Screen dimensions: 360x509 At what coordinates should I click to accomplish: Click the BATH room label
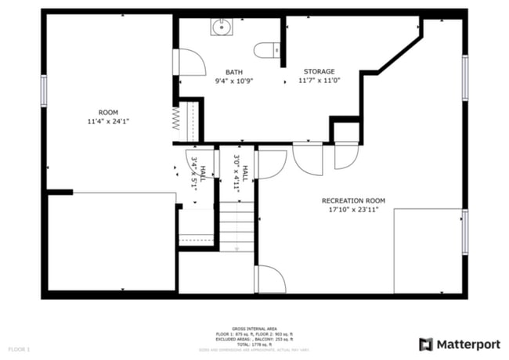(233, 72)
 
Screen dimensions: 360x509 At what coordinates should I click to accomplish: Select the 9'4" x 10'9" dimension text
(233, 81)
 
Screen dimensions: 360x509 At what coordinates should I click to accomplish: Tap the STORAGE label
(319, 71)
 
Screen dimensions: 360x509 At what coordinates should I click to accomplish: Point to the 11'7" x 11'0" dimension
(319, 81)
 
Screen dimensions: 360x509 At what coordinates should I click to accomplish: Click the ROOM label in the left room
(108, 112)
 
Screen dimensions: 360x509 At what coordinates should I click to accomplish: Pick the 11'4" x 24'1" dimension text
(108, 121)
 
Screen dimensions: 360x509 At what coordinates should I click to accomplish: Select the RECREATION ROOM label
(354, 201)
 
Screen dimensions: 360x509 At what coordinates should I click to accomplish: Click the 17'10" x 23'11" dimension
(354, 210)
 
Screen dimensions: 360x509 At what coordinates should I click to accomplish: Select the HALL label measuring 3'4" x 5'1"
(203, 172)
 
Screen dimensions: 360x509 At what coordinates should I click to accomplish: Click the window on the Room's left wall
(44, 90)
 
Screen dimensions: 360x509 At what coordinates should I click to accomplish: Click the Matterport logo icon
(425, 344)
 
